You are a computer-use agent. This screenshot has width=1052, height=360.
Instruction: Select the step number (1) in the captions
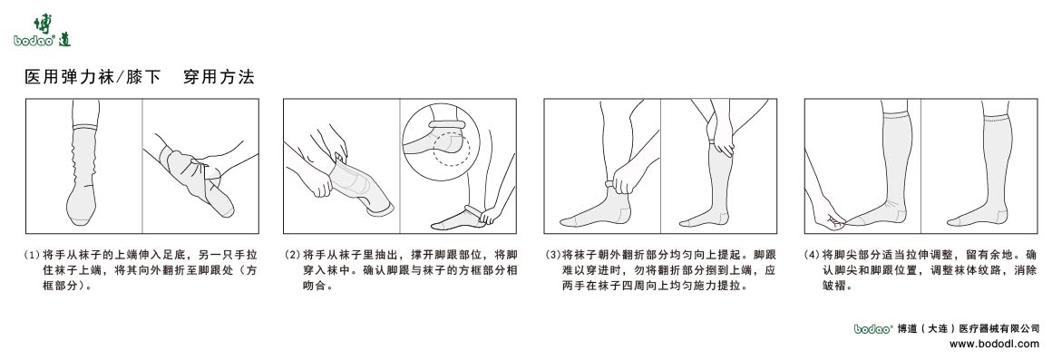click(32, 255)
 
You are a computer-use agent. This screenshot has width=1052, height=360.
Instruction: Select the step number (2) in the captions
click(292, 255)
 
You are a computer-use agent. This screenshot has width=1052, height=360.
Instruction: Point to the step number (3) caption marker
click(552, 255)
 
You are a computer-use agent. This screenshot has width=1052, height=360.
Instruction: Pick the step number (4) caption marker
click(813, 255)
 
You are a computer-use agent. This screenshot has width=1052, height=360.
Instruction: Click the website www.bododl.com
click(994, 344)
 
